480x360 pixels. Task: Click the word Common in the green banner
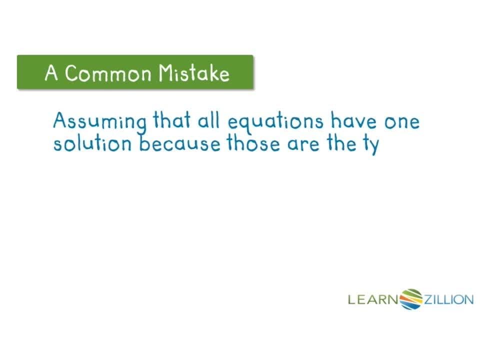tap(107, 73)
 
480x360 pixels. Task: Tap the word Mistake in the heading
tap(194, 73)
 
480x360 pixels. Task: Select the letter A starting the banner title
tap(51, 73)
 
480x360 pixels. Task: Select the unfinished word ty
tap(371, 145)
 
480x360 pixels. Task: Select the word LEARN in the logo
tap(373, 299)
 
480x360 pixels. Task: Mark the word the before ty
tap(340, 144)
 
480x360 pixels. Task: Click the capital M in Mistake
tap(166, 73)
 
